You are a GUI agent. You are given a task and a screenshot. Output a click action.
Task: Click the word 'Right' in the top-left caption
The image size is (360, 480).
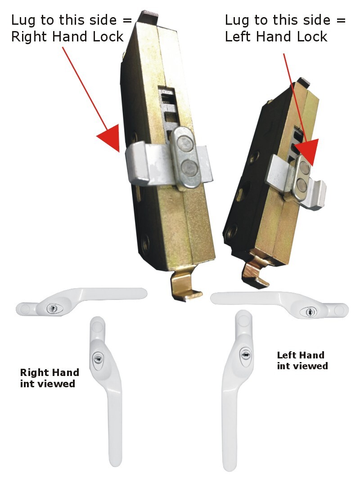[x=28, y=36]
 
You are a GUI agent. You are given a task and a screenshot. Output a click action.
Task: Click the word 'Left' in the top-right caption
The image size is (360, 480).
[x=239, y=36]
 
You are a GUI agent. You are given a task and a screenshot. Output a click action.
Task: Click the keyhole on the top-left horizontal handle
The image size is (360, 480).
[x=53, y=308]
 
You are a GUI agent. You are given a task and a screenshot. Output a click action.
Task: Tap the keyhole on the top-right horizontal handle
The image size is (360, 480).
[x=308, y=312]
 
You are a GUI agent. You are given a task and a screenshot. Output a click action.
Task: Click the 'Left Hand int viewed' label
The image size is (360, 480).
[x=302, y=360]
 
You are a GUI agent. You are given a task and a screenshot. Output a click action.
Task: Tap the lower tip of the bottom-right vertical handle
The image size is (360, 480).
[x=229, y=464]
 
